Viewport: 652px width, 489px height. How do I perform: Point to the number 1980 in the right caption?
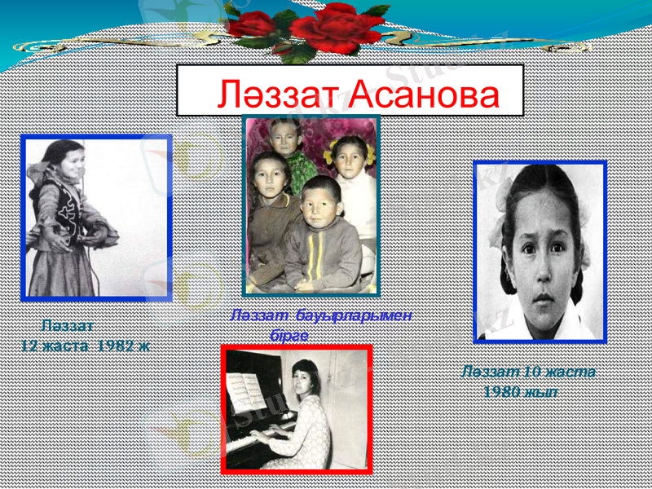pos(501,391)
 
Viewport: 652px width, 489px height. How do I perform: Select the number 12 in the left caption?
pos(30,345)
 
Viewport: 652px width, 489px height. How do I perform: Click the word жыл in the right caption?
pos(540,391)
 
